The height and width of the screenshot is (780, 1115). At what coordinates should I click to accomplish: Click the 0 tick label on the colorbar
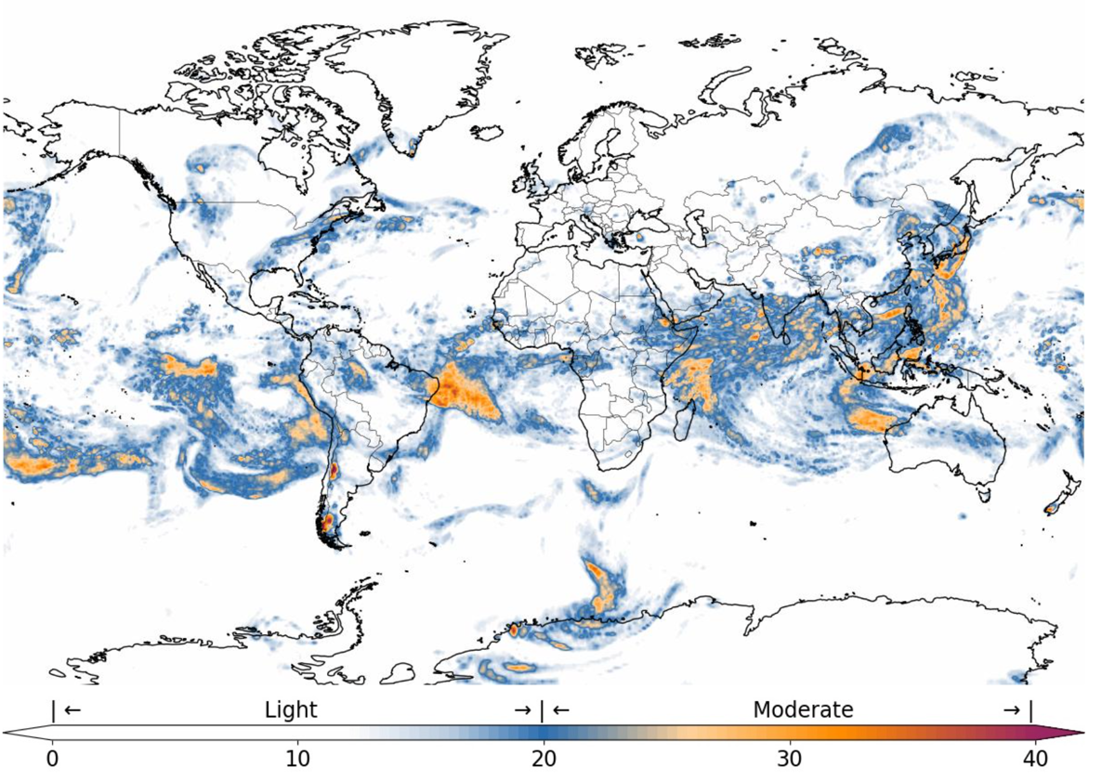[52, 759]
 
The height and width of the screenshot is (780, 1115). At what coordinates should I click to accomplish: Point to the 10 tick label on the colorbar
[297, 759]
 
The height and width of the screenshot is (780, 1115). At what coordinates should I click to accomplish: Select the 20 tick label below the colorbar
[544, 759]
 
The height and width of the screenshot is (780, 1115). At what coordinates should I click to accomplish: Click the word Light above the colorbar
[291, 710]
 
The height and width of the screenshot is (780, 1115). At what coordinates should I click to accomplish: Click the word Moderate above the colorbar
[803, 710]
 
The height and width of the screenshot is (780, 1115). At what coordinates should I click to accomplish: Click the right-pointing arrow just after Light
[523, 710]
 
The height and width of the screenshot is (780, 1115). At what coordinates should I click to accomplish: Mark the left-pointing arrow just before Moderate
[560, 710]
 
